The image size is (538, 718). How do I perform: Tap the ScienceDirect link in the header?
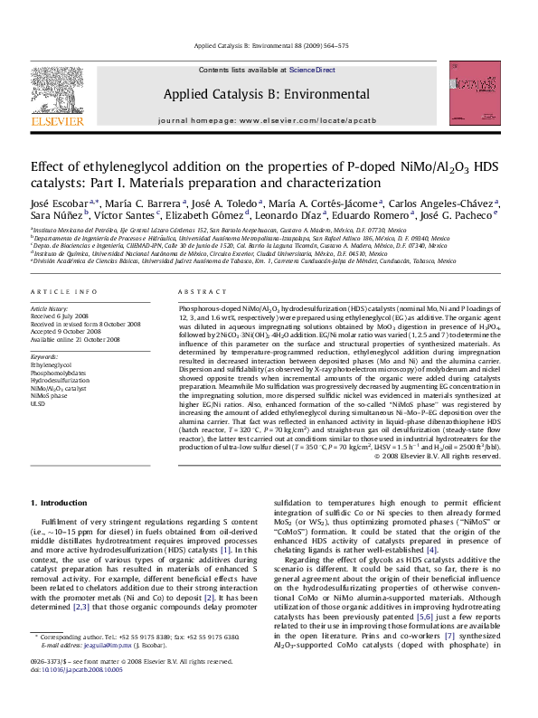pyautogui.click(x=312, y=70)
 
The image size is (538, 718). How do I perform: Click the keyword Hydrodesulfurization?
pyautogui.click(x=60, y=381)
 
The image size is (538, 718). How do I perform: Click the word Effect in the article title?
pyautogui.click(x=48, y=168)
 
